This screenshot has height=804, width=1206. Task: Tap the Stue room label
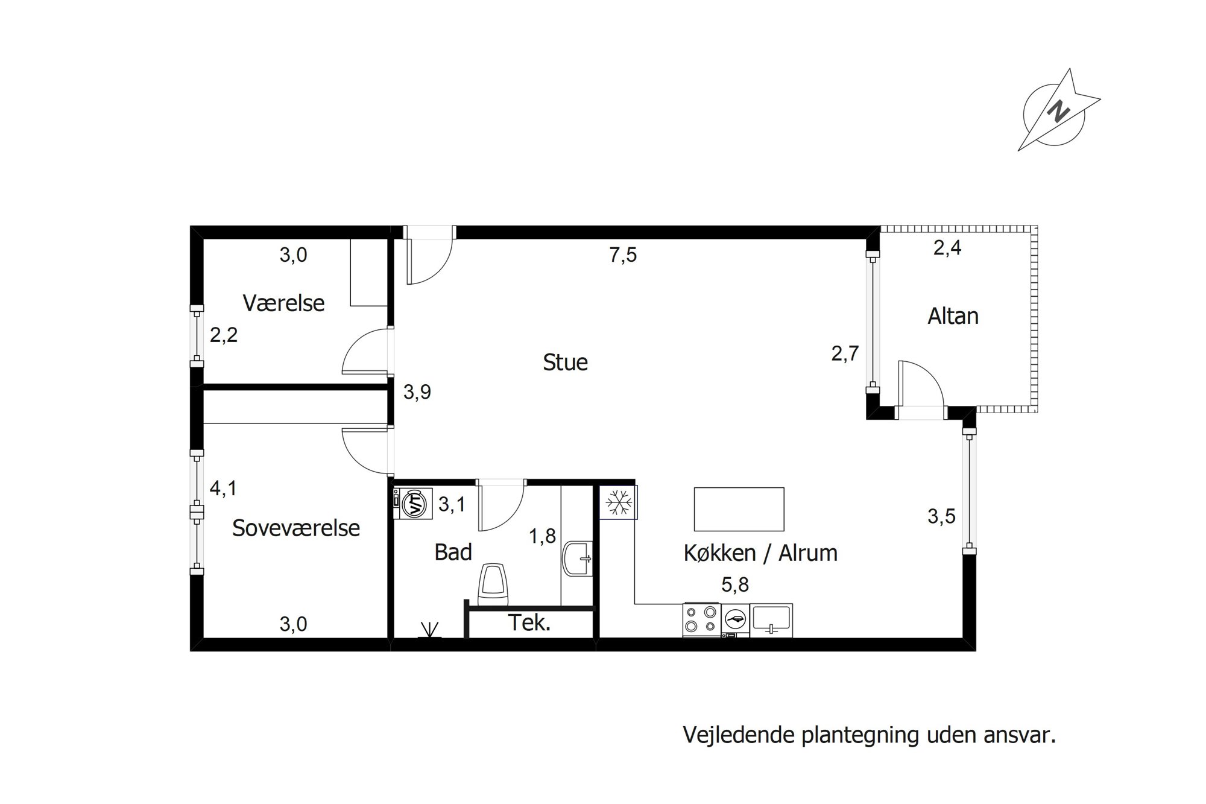coord(565,362)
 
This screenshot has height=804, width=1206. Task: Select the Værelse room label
coord(283,303)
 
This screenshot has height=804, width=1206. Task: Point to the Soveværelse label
coord(295,528)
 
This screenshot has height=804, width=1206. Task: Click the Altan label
coord(953,316)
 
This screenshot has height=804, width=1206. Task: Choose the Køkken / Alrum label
coord(760,552)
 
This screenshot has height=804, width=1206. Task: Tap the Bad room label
coord(453,552)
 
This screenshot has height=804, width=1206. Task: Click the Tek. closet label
coord(529,622)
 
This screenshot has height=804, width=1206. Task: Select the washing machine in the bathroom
coord(413,504)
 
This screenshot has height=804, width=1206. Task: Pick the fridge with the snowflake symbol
coord(619,502)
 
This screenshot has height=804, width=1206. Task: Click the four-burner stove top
coord(701,620)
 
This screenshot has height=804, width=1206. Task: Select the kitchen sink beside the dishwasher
coord(771,620)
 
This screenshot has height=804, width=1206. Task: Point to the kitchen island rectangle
coord(739,509)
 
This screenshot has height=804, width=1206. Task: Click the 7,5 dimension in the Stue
coord(623,255)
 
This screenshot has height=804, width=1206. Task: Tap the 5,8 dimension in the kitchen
coord(735,584)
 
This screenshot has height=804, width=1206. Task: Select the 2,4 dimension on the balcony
coord(947,247)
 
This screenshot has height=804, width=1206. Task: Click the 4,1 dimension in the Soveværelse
coord(223,488)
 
